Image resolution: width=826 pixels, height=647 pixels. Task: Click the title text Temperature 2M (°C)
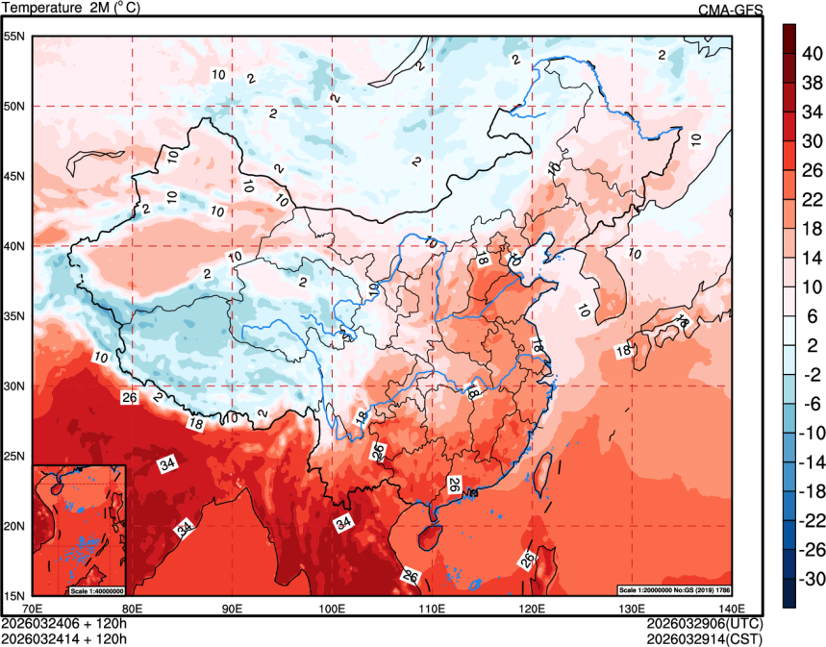coord(69,9)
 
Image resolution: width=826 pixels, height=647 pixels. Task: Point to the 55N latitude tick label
coord(14,37)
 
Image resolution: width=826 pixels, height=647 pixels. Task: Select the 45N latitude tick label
coord(14,176)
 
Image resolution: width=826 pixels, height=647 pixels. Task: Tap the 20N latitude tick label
coord(14,526)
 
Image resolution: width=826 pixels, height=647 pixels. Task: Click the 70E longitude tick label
coord(32,608)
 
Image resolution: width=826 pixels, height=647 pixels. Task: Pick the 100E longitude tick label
coord(332,608)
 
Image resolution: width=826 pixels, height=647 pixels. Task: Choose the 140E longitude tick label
coord(731,608)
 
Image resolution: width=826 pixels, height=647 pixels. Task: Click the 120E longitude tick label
coord(533,608)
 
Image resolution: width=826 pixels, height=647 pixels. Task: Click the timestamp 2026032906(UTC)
coord(705,622)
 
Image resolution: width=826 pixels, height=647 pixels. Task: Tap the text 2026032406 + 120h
coord(64,622)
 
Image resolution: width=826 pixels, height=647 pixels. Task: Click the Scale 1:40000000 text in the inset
coord(97,590)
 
